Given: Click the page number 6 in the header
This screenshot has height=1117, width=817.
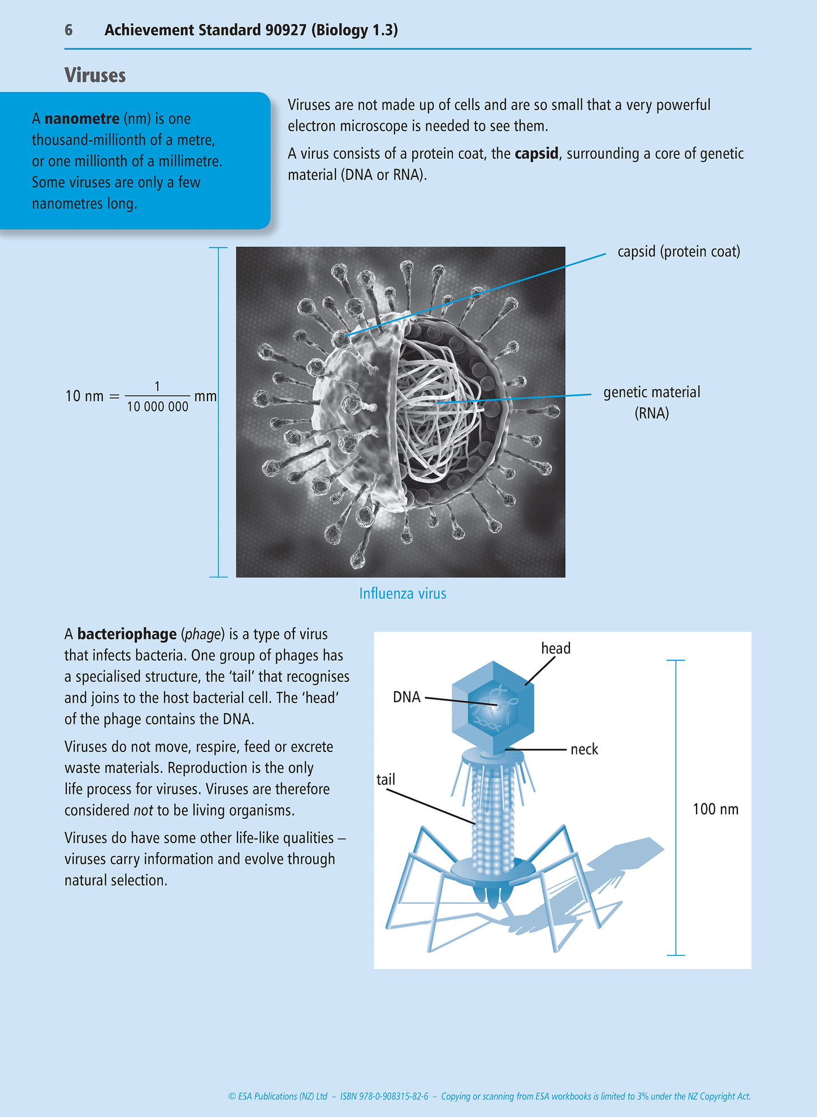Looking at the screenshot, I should pos(68,30).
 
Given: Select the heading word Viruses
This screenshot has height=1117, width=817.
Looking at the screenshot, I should pos(95,75).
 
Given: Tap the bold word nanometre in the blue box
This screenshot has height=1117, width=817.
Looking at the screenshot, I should pos(82,119).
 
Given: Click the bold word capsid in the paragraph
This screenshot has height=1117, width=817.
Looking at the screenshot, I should pos(536,154).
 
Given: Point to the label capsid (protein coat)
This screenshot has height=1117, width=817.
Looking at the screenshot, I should pos(678,251).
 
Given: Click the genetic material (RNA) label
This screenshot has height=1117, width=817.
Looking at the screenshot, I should pos(651,402).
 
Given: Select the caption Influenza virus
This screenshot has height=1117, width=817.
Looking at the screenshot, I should pos(403,593).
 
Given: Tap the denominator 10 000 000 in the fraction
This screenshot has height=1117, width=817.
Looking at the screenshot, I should pos(157,407).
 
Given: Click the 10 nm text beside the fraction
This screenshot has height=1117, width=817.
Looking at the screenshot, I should pos(84,396).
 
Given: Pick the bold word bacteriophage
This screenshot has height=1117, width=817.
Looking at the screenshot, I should pos(127,634).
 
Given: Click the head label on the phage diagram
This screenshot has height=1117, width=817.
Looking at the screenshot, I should pos(556,648).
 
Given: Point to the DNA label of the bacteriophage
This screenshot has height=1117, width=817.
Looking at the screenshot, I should pos(407,697).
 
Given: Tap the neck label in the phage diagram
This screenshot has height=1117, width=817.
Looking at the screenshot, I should pos(584,749).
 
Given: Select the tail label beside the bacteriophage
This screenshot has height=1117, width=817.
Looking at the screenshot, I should pos(386,780).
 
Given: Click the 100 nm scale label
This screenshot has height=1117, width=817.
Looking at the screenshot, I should pos(715,809).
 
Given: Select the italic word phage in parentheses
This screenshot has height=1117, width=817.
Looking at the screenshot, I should pos(202,634).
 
